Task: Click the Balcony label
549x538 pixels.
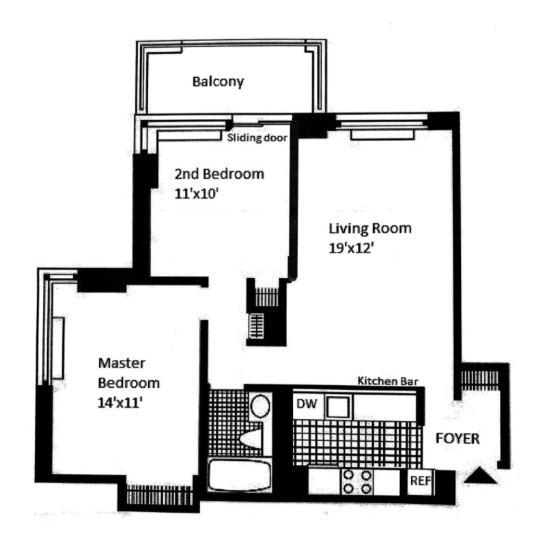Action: [x=218, y=81]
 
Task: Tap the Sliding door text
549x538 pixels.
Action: [x=257, y=137]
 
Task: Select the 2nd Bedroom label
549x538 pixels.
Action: [x=219, y=174]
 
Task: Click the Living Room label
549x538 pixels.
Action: [x=370, y=228]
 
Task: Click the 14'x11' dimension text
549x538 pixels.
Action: [x=120, y=403]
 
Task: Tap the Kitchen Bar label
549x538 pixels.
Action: [x=388, y=381]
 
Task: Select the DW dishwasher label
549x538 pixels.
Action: [x=307, y=404]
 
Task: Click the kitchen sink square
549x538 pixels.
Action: [x=338, y=406]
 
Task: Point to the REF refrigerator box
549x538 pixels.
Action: [x=421, y=481]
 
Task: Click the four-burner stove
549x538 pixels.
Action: [x=357, y=482]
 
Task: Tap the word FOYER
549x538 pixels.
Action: [x=457, y=438]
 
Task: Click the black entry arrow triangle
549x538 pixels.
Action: [x=481, y=476]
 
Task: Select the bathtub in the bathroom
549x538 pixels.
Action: [x=240, y=475]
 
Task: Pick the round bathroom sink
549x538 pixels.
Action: [x=260, y=406]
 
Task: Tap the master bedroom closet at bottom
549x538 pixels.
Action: [x=159, y=494]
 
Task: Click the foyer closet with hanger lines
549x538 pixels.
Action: [x=479, y=380]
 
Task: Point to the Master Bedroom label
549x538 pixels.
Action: [x=128, y=373]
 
